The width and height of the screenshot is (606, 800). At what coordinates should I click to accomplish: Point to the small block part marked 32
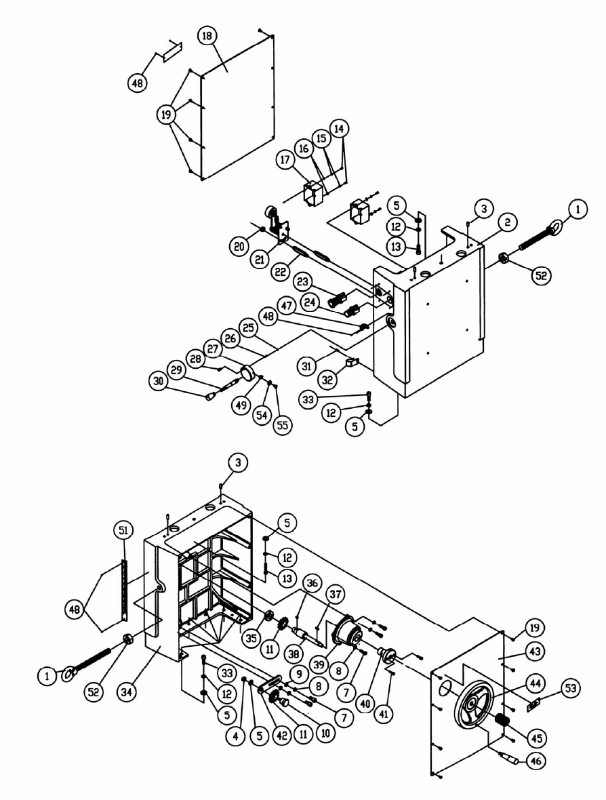coord(351,363)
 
